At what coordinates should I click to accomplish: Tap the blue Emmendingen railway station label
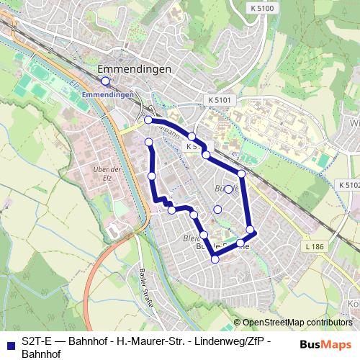point(108,94)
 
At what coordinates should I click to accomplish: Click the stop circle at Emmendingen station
point(105,81)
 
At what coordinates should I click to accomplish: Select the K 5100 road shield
point(264,8)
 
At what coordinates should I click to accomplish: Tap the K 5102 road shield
point(348,185)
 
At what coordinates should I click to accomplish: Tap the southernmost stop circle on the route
point(215,258)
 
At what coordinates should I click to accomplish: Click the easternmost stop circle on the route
point(251,230)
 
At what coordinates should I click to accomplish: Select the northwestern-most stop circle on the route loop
point(148,120)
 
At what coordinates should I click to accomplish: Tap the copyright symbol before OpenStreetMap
point(238,323)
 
